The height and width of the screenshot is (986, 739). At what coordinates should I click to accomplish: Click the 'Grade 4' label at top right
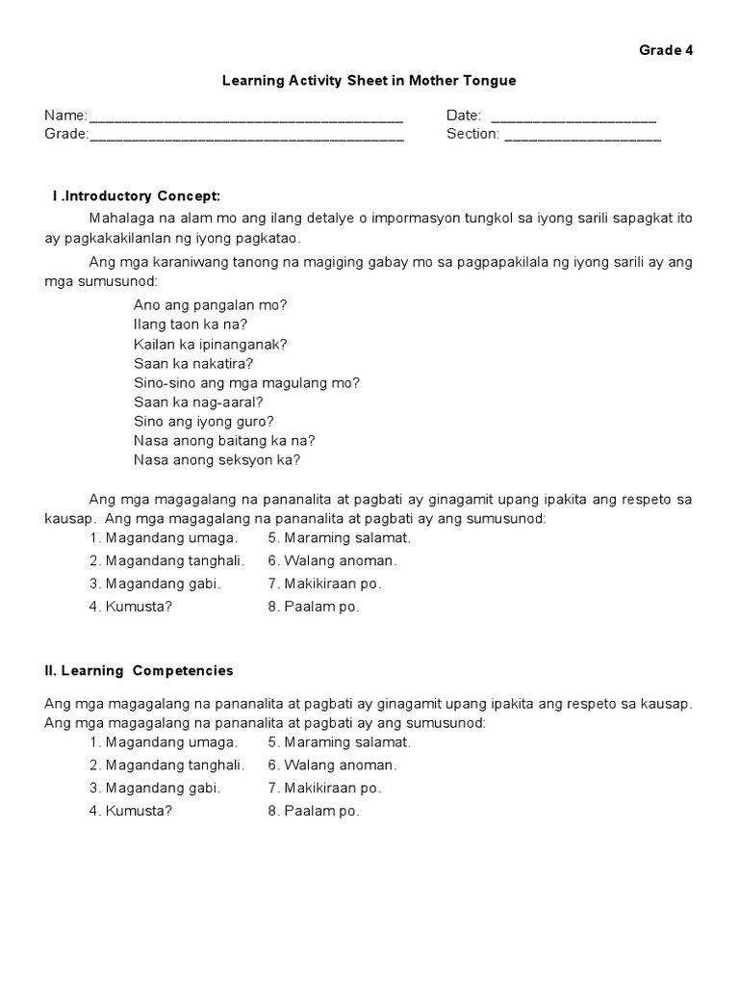pos(666,51)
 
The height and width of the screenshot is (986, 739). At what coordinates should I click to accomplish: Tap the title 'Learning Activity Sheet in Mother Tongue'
pos(369,81)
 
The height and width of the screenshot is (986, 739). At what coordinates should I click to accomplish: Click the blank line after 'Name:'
pos(245,117)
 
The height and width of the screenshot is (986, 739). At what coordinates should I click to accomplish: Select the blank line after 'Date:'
pos(573,117)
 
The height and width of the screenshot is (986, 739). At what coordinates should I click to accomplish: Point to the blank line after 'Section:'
pos(582,136)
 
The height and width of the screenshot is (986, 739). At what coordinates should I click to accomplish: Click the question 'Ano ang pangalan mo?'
pos(211,305)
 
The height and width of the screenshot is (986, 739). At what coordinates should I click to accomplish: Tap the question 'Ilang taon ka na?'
pos(191,324)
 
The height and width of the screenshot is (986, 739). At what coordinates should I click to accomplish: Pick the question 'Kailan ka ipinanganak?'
pos(210,344)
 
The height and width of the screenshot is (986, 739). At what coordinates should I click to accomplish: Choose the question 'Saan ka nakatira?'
pos(193,363)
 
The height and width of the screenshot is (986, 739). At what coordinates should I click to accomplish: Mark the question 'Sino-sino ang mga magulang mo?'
pos(246,382)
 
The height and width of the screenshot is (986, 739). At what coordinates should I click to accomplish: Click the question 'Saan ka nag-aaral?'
pos(198,402)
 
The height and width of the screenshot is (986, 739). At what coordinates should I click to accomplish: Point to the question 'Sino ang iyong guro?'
pos(204,421)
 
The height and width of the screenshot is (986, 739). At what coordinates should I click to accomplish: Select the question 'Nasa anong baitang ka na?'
pos(224,440)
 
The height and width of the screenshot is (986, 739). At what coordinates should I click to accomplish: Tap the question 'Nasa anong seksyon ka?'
pos(217,459)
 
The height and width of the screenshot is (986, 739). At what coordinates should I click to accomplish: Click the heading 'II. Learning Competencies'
pos(139,670)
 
